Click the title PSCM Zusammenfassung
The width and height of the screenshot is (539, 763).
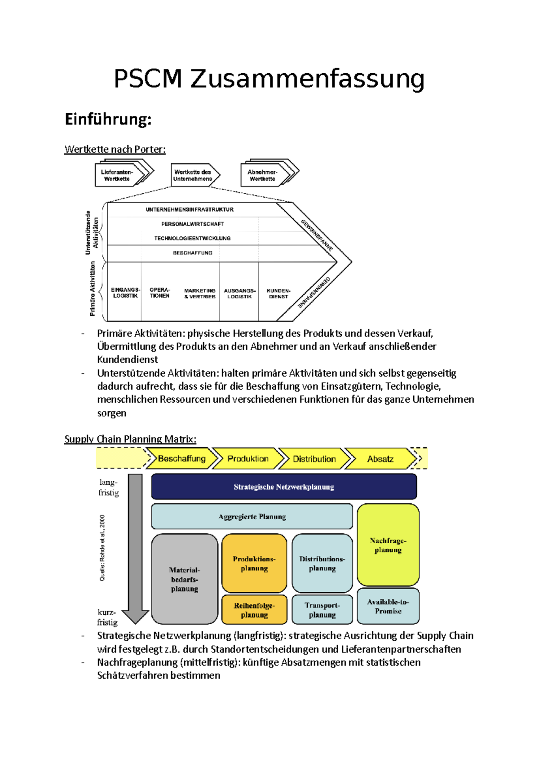[269, 79]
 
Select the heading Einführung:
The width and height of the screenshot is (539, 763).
[108, 120]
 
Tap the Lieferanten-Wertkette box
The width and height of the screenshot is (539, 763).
[117, 175]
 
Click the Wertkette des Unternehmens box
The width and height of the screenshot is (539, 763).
[193, 175]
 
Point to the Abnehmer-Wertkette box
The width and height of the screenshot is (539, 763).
[263, 175]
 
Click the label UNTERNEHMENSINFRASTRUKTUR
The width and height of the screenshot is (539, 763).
[190, 209]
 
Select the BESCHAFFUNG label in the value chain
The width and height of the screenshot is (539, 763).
[193, 253]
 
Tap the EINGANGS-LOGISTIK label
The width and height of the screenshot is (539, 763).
[125, 293]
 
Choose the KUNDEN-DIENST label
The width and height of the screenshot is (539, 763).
[278, 293]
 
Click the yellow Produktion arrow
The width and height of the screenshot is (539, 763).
[248, 459]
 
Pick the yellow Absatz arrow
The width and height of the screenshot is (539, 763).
[380, 459]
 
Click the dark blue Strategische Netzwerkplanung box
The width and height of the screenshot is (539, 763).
[284, 487]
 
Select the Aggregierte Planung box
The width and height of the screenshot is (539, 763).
[252, 517]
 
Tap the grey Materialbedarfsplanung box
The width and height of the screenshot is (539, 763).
[185, 579]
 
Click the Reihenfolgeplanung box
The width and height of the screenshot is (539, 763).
[254, 610]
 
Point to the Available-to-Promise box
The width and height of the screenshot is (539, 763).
[388, 607]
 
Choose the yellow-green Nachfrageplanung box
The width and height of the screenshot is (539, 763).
[388, 545]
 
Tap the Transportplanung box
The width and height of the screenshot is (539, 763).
[322, 610]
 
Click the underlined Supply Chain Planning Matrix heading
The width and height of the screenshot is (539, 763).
[130, 439]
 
